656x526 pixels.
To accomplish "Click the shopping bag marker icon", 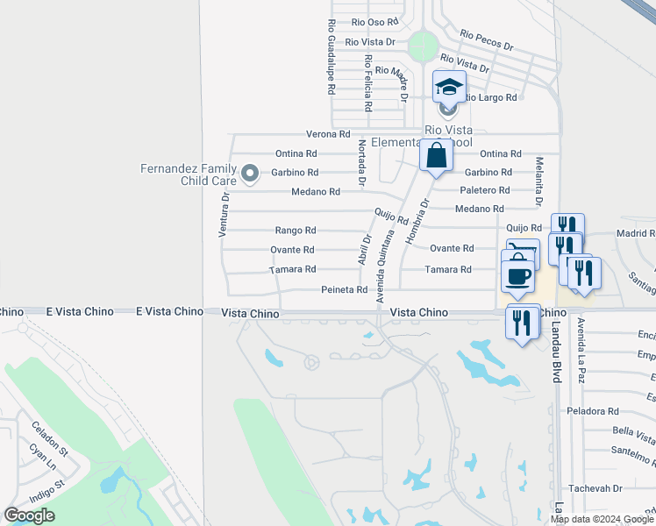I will [436, 156].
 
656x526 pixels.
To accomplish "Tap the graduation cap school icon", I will [448, 88].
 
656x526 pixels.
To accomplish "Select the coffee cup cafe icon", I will [517, 275].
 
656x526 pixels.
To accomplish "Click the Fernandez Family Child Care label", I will [189, 174].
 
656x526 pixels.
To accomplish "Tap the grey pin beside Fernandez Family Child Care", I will [249, 174].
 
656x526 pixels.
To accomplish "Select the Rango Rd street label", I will [295, 231].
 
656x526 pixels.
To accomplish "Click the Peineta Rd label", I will [344, 289].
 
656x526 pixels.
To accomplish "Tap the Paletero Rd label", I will [485, 190].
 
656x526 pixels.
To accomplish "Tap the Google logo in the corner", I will [29, 515].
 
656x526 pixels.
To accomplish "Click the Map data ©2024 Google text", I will [602, 519].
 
